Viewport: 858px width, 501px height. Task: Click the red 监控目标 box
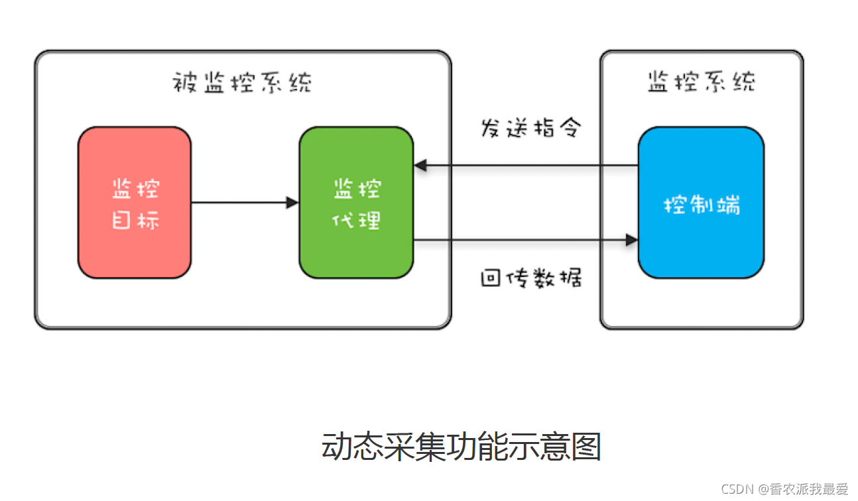(x=135, y=202)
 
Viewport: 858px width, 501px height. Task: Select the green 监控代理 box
(x=356, y=202)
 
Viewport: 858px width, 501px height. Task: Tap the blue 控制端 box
(x=701, y=202)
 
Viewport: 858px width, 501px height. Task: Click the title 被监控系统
(x=242, y=83)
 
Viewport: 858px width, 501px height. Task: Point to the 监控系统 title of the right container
(x=701, y=82)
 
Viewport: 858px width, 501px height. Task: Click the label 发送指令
(x=530, y=128)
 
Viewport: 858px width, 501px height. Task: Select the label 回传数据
(x=530, y=278)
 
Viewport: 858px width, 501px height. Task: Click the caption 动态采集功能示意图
(x=461, y=446)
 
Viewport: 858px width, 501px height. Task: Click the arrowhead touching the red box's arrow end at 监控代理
(x=292, y=202)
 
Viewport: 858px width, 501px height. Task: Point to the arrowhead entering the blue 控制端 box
(x=631, y=240)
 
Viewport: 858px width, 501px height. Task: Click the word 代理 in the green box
(x=356, y=220)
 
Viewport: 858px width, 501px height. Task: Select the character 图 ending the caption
(x=587, y=446)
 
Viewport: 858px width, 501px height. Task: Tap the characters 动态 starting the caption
(x=349, y=446)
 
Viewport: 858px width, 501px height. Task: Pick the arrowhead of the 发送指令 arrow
(x=420, y=165)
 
